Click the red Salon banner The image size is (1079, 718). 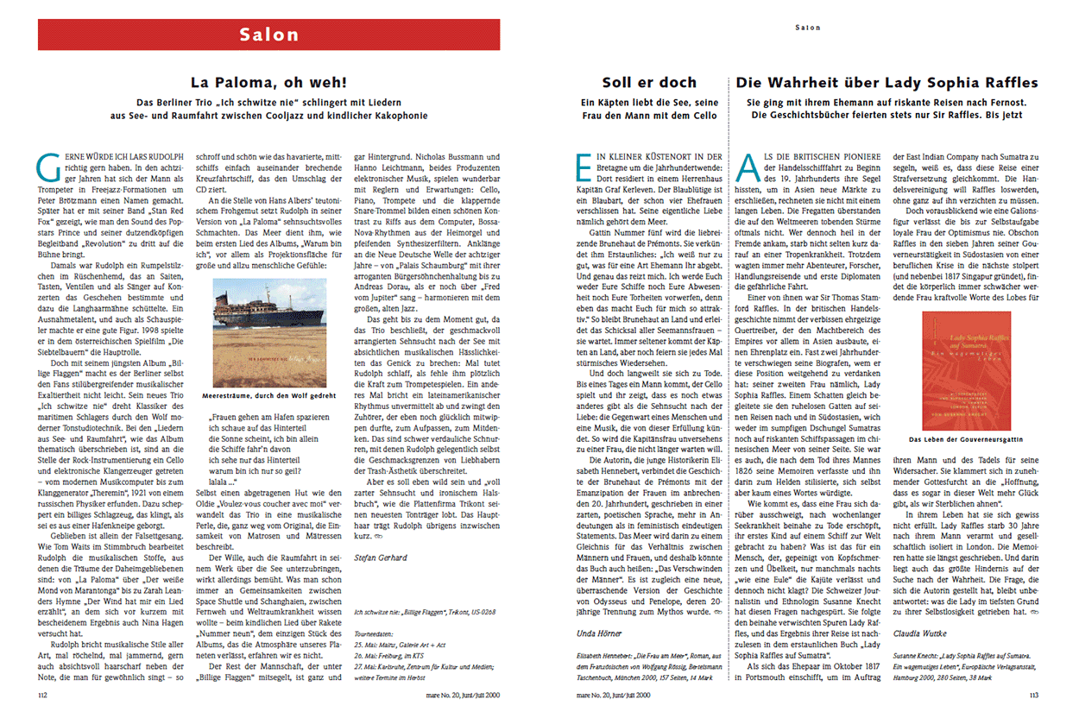click(x=268, y=35)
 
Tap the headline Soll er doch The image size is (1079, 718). click(x=649, y=83)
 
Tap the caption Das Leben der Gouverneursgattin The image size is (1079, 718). click(x=966, y=439)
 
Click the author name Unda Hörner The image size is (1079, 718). click(x=597, y=634)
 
